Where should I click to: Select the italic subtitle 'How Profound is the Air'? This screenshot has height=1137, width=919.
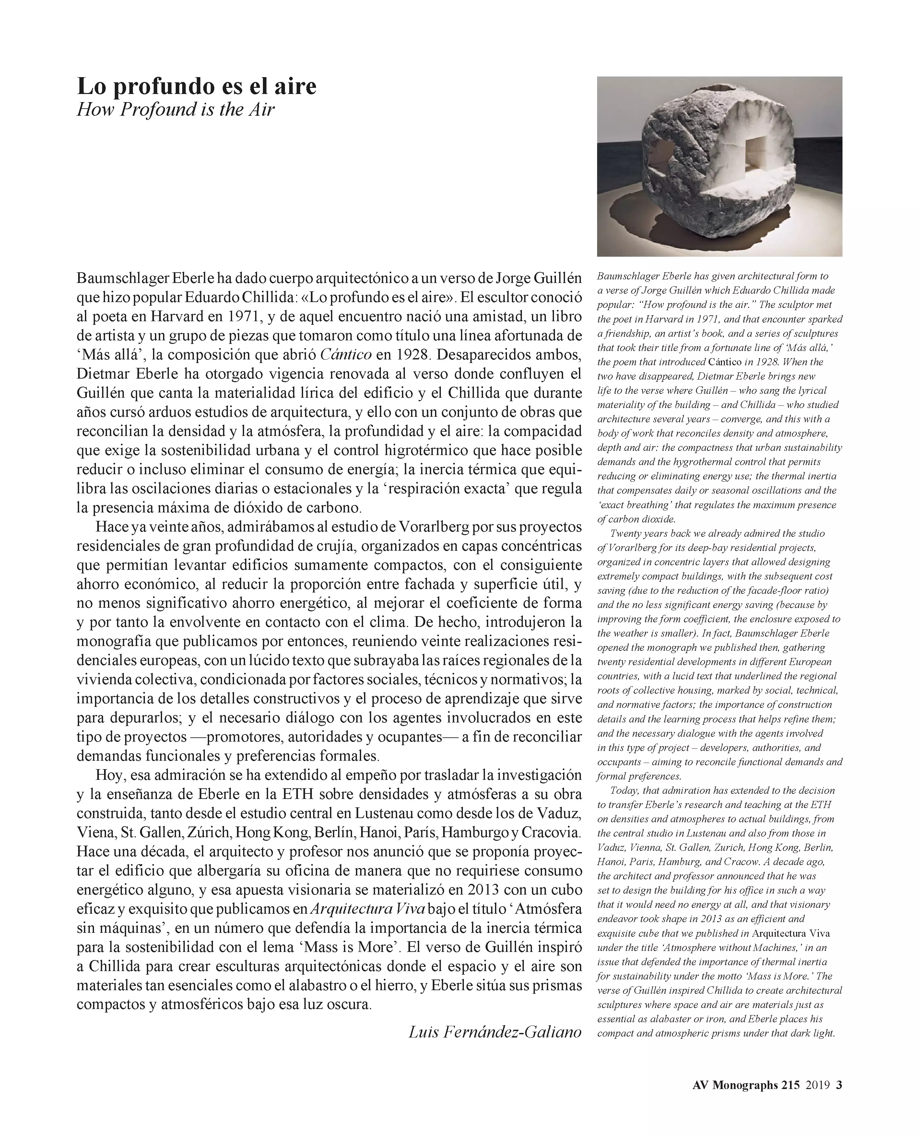tap(176, 110)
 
